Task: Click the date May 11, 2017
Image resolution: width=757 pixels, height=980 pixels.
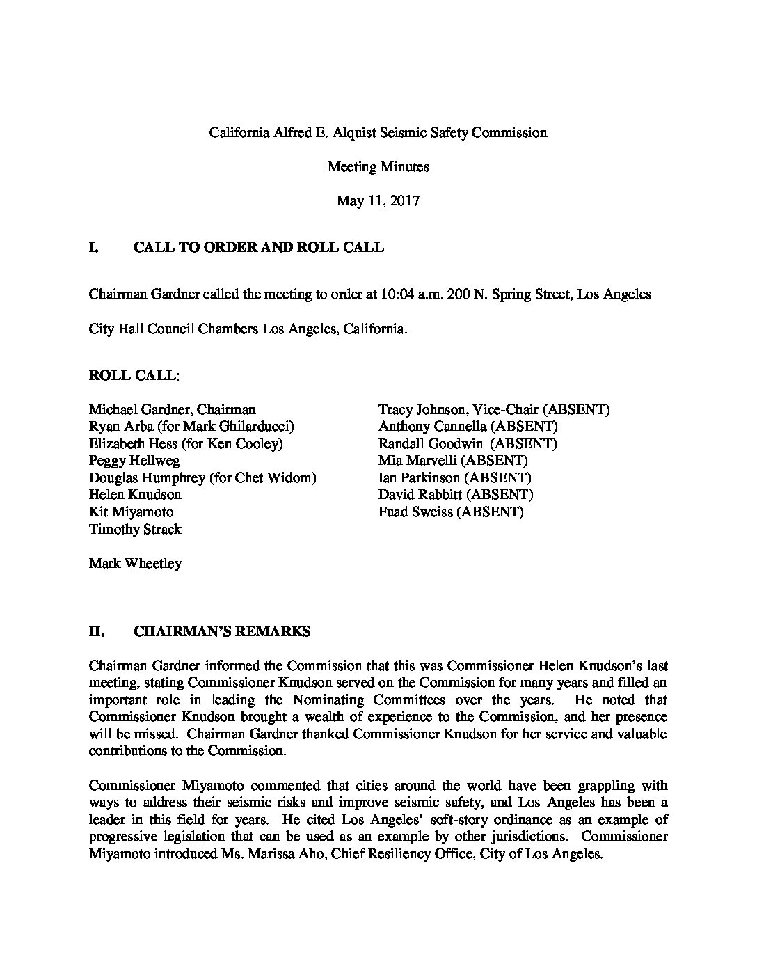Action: tap(378, 201)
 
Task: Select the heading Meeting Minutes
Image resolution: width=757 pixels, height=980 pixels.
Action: tap(378, 166)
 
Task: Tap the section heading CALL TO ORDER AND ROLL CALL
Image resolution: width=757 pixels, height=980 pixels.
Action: tap(258, 247)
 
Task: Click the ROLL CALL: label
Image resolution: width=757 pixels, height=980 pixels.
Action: tap(134, 375)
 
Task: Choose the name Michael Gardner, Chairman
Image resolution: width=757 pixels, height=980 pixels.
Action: tap(172, 409)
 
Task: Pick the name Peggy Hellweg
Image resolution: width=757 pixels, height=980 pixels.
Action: tap(134, 461)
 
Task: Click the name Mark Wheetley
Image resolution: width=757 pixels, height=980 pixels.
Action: tap(135, 563)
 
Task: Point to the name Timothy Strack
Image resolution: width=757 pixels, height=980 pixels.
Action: tap(135, 529)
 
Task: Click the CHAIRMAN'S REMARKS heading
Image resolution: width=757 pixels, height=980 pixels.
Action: tap(222, 632)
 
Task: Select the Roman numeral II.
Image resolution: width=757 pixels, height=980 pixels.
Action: tap(96, 632)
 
